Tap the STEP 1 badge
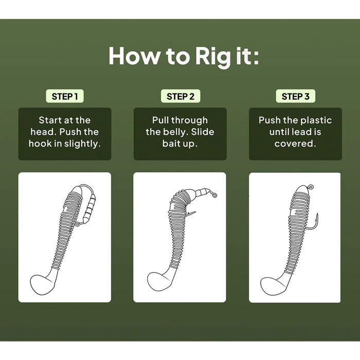[x=65, y=96]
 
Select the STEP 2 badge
[x=181, y=96]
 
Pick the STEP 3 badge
[x=296, y=96]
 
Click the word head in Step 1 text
[x=43, y=132]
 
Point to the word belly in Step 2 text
[x=176, y=132]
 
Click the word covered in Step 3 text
[x=295, y=143]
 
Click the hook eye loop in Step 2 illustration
[x=214, y=195]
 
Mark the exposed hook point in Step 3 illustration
[x=317, y=214]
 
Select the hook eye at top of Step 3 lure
[x=311, y=187]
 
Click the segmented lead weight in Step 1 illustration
[x=90, y=208]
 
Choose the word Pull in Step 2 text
[x=160, y=120]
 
